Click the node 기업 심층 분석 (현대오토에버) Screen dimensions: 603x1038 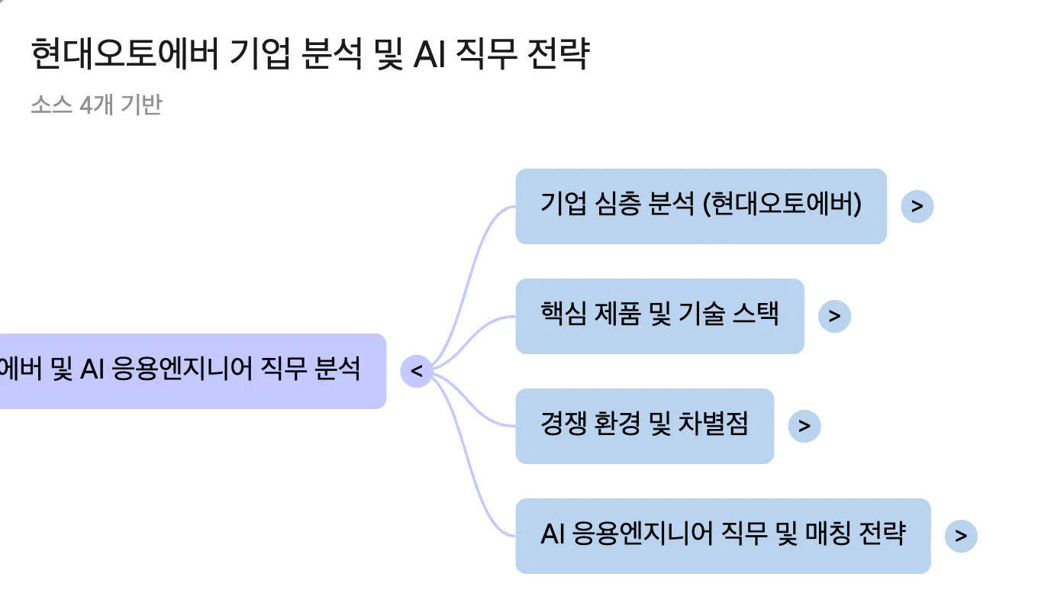coord(701,206)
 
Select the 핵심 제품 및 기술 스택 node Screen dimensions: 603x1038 coord(659,316)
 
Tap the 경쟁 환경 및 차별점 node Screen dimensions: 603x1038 coord(644,426)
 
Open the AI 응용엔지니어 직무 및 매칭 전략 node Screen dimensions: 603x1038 coord(722,536)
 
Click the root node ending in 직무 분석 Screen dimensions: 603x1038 coord(191,371)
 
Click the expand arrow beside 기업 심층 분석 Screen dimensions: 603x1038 coord(917,206)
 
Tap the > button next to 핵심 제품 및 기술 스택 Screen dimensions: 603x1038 coord(834,316)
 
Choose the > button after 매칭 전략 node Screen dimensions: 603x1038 coord(961,536)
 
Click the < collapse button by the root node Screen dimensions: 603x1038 coord(417,372)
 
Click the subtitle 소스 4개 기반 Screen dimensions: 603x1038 coord(96,105)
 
